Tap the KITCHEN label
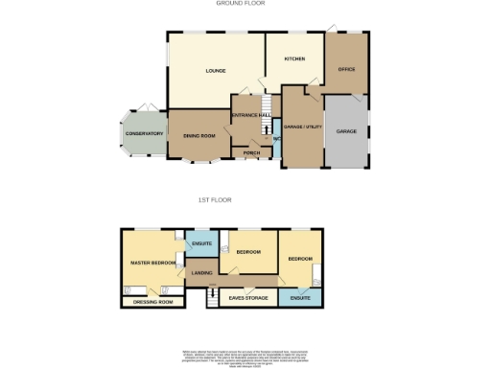(294, 59)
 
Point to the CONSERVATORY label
(144, 134)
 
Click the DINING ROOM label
(199, 136)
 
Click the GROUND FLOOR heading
(241, 4)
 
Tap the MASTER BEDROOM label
(152, 262)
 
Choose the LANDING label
(202, 274)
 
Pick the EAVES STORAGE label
(248, 298)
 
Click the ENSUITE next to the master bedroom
(201, 243)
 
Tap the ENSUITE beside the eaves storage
(300, 298)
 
